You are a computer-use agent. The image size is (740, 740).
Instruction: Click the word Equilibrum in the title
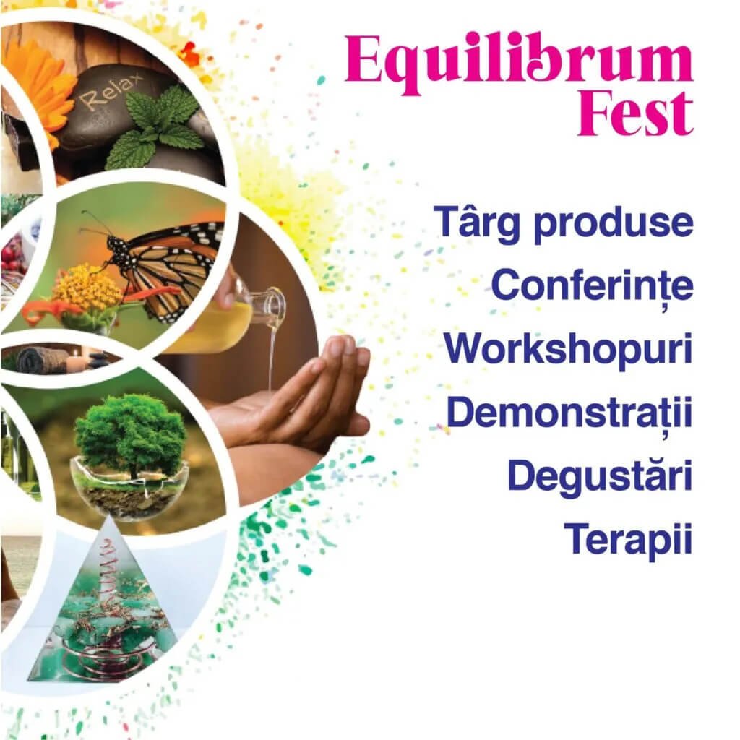click(519, 64)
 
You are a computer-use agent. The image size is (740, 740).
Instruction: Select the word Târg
click(479, 223)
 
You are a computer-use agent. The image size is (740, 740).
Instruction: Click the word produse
click(614, 223)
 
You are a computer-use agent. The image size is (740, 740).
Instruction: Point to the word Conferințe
click(593, 285)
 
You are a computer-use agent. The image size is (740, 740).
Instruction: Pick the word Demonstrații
click(569, 412)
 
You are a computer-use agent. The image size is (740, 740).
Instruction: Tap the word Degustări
click(600, 476)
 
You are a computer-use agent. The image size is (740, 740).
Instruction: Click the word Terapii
click(628, 538)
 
